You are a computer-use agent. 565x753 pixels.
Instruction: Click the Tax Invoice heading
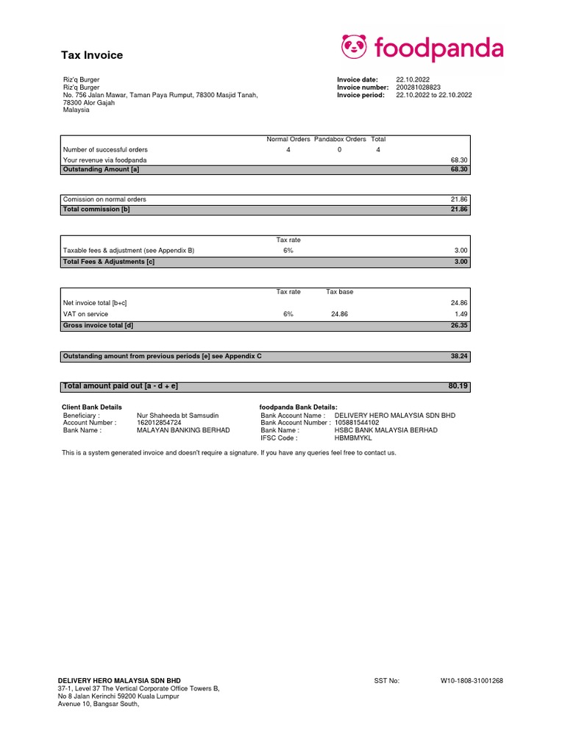[91, 55]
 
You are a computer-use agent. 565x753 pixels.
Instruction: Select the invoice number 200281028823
[418, 88]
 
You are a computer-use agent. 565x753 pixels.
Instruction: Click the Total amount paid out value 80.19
[458, 385]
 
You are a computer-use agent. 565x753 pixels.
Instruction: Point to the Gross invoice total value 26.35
[459, 325]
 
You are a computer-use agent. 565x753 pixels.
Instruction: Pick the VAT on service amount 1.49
[461, 314]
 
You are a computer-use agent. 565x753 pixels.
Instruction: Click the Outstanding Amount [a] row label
[101, 169]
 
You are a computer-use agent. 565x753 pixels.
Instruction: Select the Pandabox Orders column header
[340, 139]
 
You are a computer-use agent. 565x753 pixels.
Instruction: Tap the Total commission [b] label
[96, 210]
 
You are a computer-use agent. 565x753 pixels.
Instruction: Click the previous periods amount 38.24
[459, 356]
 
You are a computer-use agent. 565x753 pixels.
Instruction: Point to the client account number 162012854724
[159, 423]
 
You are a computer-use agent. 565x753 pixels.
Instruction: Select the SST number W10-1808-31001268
[472, 681]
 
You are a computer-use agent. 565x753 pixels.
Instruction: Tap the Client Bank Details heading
[92, 407]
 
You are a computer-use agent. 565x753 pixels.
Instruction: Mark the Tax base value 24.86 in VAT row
[339, 314]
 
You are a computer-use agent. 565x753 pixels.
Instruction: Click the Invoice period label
[360, 95]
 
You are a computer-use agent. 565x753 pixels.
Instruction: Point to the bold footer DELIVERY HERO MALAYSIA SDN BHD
[119, 681]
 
